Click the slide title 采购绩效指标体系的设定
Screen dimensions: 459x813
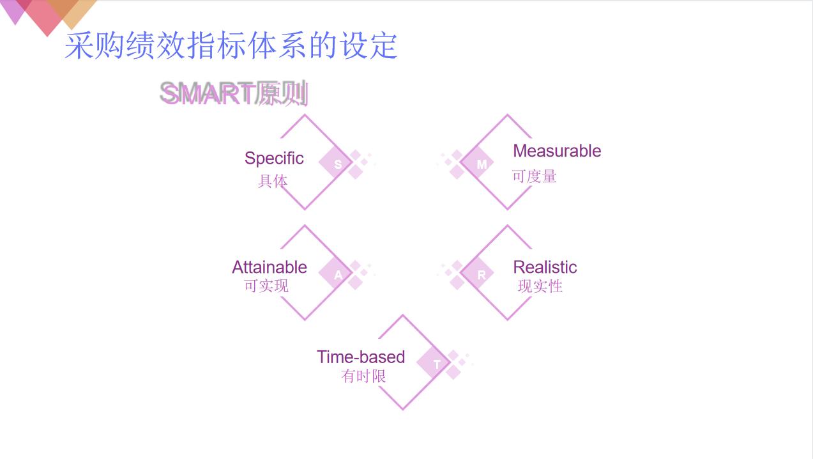231,46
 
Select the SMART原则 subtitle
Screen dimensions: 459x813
234,94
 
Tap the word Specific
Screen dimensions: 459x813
274,159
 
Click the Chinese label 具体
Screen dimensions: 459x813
273,182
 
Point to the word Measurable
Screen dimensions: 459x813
557,151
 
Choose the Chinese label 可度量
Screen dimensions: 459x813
535,176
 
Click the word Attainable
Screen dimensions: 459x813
270,267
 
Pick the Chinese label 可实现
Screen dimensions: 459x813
266,286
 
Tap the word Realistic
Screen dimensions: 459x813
545,267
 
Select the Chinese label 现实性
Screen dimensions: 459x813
540,286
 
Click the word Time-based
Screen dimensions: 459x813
361,357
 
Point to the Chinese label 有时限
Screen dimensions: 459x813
364,377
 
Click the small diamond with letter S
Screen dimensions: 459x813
337,164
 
